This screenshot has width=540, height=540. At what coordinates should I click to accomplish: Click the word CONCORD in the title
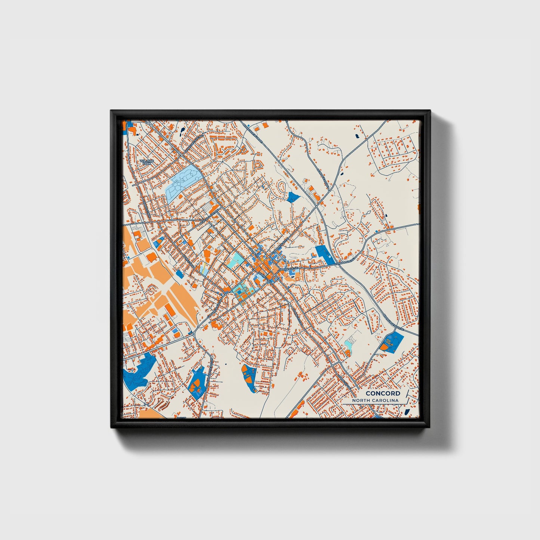383,393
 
